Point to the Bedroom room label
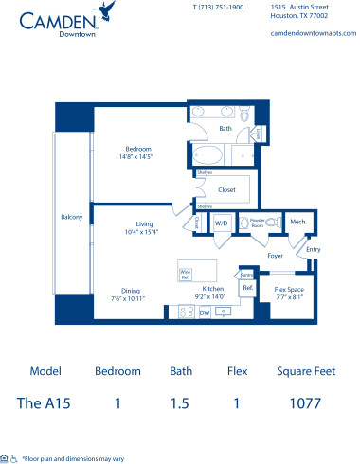click(139, 149)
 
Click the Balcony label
click(71, 217)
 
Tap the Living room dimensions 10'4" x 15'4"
click(139, 231)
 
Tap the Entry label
click(314, 250)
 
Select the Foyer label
click(276, 255)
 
